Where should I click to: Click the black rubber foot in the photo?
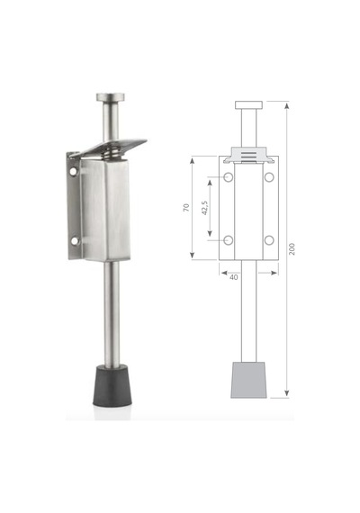coord(112,386)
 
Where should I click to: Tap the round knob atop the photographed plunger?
coord(111,97)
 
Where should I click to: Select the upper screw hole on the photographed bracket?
coord(73,171)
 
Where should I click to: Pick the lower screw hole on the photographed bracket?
coord(75,241)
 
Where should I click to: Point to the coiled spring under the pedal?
coord(112,152)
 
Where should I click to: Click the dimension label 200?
coord(292,249)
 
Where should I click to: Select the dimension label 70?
coord(186,207)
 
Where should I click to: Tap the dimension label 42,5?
coord(205,208)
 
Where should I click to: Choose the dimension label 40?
coord(234,277)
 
